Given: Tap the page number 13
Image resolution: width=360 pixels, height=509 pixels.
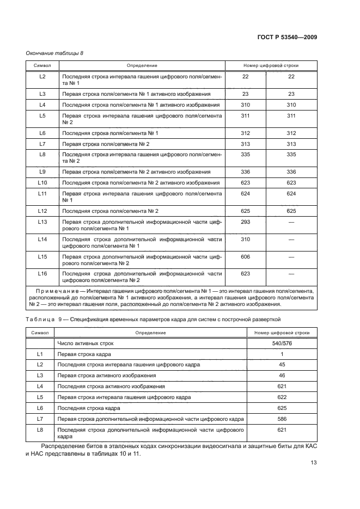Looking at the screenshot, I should [x=314, y=463].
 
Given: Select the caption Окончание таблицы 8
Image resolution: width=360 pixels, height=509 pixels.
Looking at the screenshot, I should [x=54, y=53].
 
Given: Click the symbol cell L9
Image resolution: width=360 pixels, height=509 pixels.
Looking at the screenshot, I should [x=42, y=171].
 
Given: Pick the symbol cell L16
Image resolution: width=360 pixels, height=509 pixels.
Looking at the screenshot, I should [x=42, y=273].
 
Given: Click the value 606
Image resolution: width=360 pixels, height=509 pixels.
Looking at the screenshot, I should [x=245, y=256].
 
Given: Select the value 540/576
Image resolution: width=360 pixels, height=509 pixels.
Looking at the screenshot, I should [x=282, y=344].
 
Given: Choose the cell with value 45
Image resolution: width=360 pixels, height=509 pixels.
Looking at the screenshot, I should [x=282, y=365].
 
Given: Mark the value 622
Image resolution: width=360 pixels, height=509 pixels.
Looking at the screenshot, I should [x=282, y=397].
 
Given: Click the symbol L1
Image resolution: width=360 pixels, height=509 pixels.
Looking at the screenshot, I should [x=40, y=354].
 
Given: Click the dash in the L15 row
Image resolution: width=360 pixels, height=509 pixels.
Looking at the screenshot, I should [x=291, y=256].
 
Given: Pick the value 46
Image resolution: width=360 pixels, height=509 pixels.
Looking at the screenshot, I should [x=282, y=376].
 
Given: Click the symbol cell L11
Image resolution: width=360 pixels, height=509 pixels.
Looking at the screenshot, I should [x=42, y=193].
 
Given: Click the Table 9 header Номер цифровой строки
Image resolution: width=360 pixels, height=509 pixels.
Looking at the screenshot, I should [x=282, y=332].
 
